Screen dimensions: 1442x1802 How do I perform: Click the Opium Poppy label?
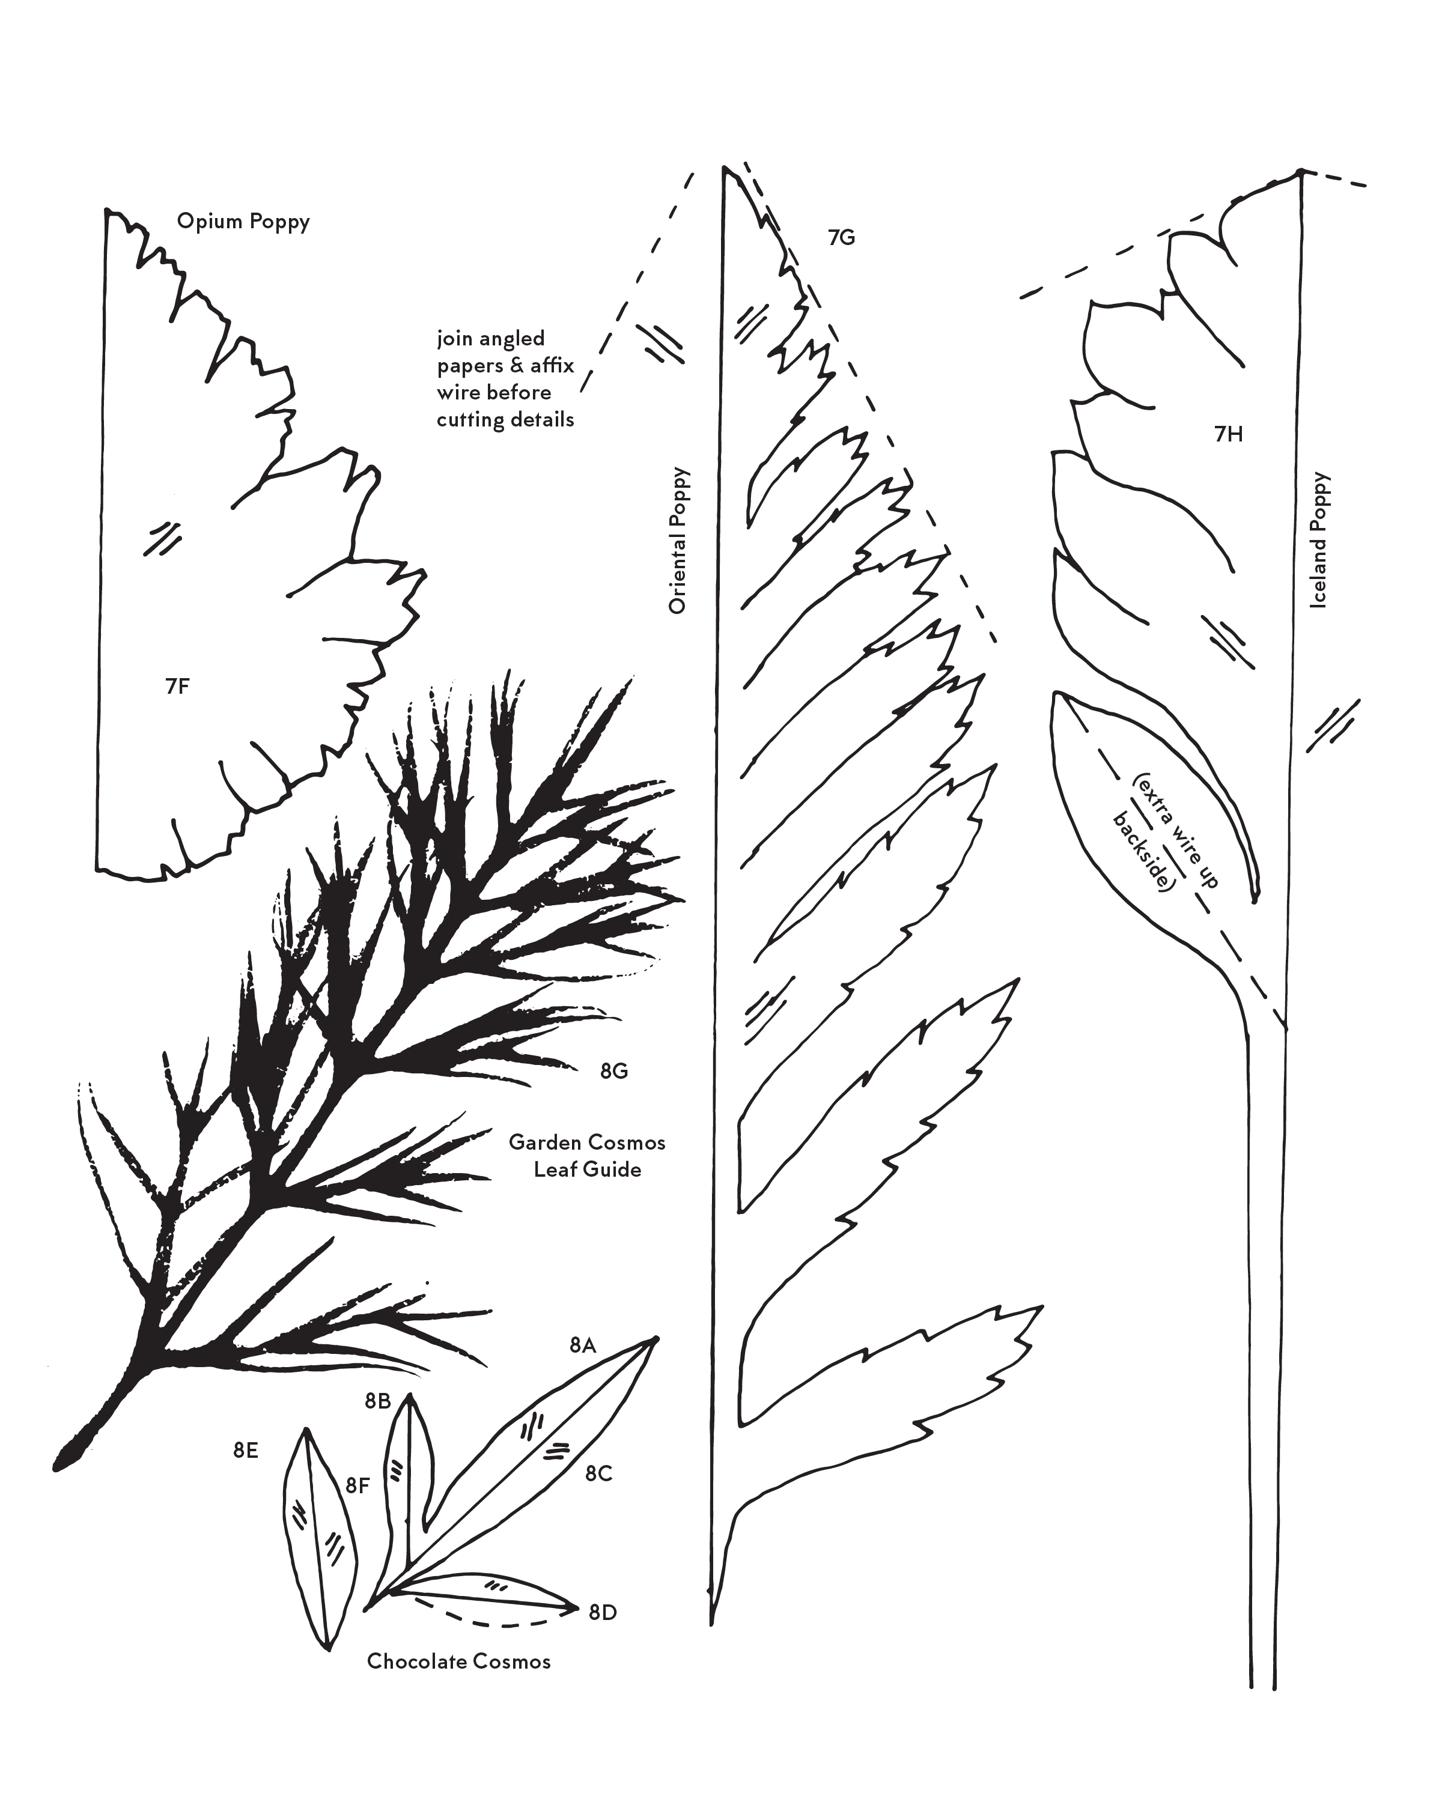243,222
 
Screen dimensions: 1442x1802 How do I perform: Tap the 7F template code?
177,686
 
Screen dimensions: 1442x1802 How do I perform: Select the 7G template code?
842,238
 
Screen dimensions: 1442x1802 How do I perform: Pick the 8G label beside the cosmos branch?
615,1070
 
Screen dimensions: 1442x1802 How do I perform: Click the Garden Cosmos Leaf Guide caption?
588,1155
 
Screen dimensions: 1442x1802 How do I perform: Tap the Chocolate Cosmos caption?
459,1661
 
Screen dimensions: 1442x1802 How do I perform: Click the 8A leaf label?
583,1368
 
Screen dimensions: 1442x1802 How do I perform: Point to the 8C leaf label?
598,1473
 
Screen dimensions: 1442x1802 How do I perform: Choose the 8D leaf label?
603,1612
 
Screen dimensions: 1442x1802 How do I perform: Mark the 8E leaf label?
246,1451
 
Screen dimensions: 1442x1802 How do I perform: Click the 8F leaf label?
357,1485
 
